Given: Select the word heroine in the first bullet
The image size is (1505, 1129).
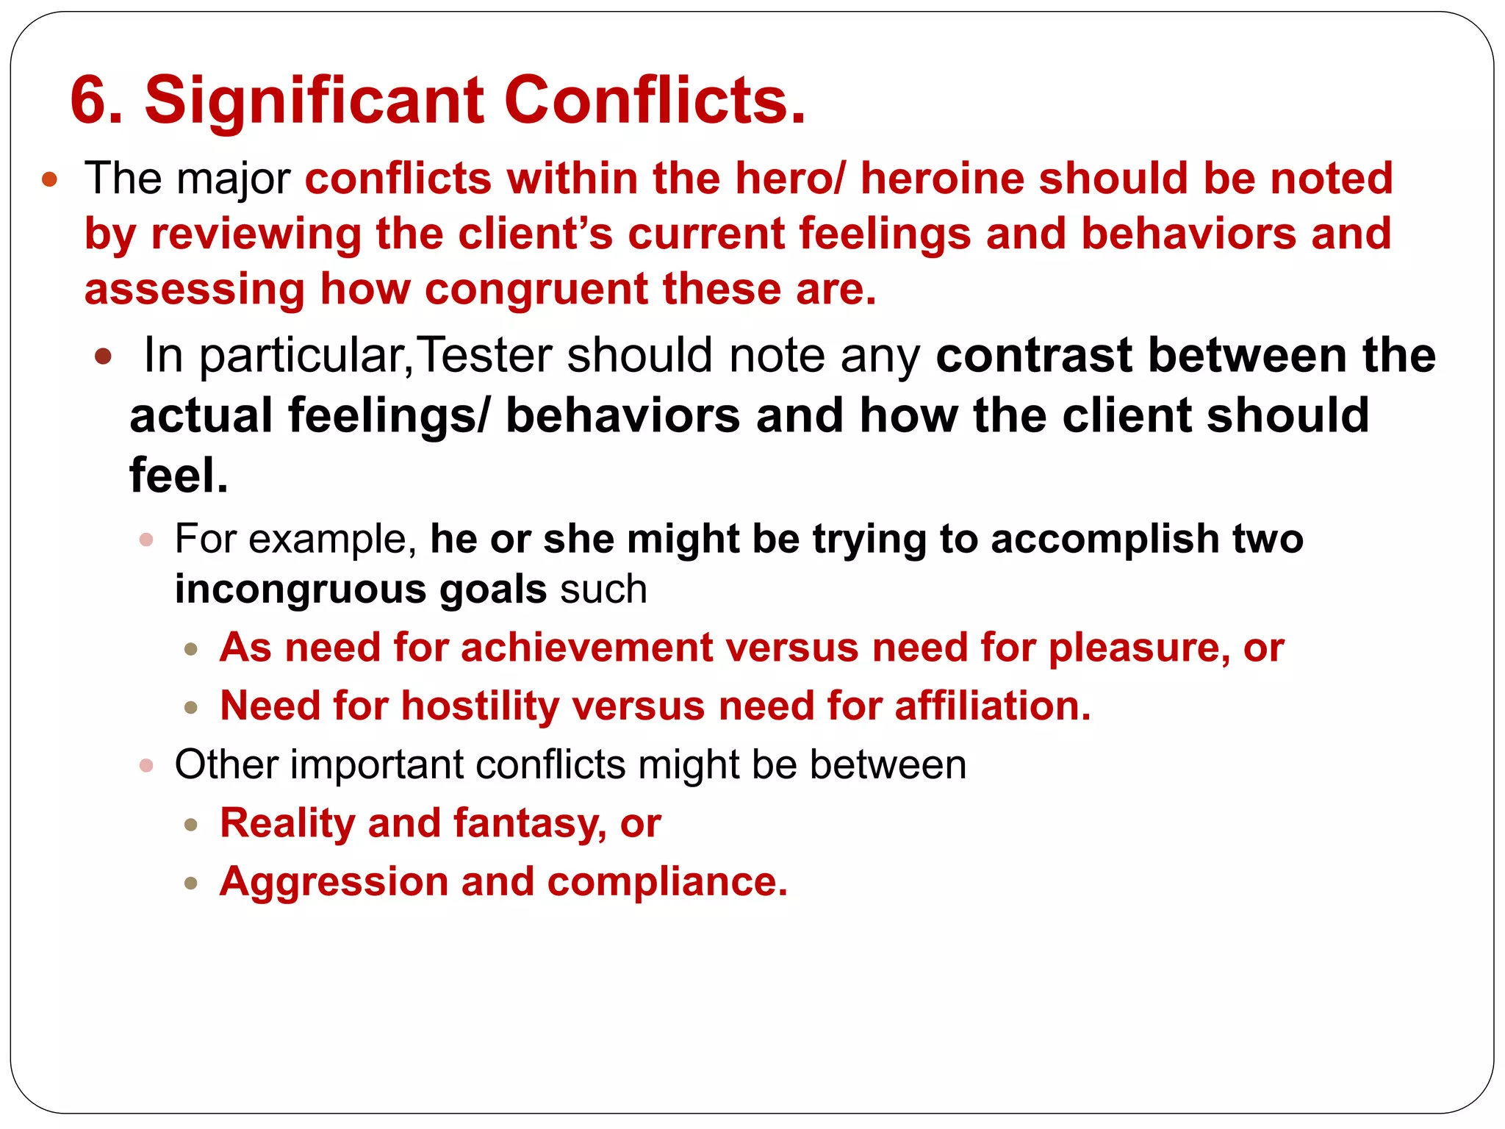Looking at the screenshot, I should pyautogui.click(x=941, y=179).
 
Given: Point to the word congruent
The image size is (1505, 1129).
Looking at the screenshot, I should pyautogui.click(x=536, y=289).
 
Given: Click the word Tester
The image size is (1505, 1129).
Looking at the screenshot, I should pyautogui.click(x=486, y=355).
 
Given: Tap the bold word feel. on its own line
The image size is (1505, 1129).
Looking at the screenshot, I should pyautogui.click(x=179, y=476).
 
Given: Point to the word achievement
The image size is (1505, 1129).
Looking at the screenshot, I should pyautogui.click(x=586, y=648).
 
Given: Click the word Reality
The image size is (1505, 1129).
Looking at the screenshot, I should pyautogui.click(x=287, y=822).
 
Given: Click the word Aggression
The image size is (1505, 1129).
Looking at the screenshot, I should pyautogui.click(x=334, y=881).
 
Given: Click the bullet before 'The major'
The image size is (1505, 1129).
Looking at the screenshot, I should pyautogui.click(x=50, y=179).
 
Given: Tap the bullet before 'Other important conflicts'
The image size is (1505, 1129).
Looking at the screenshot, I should pyautogui.click(x=146, y=766).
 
